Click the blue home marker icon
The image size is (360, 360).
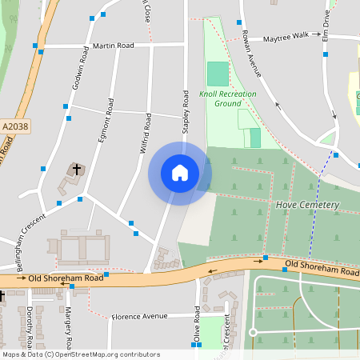(180, 173)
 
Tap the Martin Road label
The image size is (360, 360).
(113, 46)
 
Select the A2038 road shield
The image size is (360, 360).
(15, 126)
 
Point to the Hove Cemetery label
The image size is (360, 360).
(307, 205)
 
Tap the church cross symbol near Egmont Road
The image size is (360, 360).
(78, 169)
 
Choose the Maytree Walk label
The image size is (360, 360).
(286, 36)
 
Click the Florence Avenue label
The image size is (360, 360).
(139, 317)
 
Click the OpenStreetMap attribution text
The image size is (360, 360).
(80, 354)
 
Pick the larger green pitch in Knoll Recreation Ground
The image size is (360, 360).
(217, 74)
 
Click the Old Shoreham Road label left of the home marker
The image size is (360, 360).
(66, 278)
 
